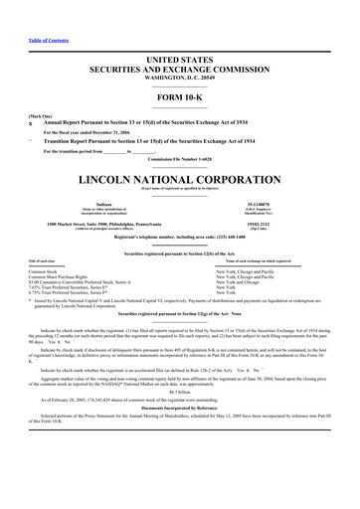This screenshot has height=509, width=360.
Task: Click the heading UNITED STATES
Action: coord(180,33)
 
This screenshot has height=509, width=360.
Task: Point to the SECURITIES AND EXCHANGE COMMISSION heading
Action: coord(180,42)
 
